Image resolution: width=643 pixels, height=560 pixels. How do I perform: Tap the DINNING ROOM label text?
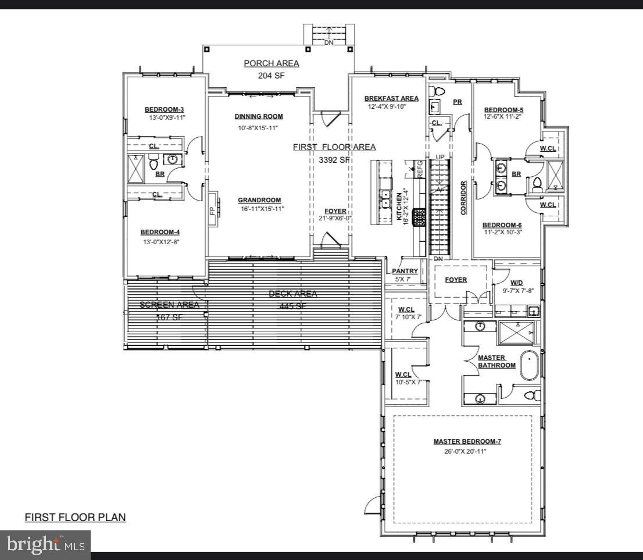coord(259,116)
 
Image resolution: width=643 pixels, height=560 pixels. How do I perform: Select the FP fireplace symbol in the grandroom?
coord(212,209)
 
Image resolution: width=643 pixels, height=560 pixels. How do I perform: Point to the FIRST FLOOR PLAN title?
coord(75,517)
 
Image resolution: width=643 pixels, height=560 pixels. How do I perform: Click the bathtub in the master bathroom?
coord(528,365)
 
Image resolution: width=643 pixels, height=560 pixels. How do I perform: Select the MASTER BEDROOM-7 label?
coord(467,441)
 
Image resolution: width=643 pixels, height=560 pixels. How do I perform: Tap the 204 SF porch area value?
coord(271,75)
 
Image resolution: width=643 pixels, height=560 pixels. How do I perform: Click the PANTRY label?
coord(405,271)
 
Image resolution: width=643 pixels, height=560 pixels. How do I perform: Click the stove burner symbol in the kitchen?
coord(419,217)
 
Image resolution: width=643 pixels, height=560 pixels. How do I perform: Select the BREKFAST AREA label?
coord(391,98)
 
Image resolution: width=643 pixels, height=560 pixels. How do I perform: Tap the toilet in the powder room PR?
coord(438,91)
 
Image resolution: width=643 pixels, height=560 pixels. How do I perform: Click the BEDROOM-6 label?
coord(502,225)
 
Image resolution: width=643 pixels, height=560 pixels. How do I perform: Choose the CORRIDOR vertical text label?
coord(464,198)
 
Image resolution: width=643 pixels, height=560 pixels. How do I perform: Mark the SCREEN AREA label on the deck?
coord(169,305)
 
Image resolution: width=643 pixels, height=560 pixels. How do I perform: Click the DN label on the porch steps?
coord(329,42)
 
